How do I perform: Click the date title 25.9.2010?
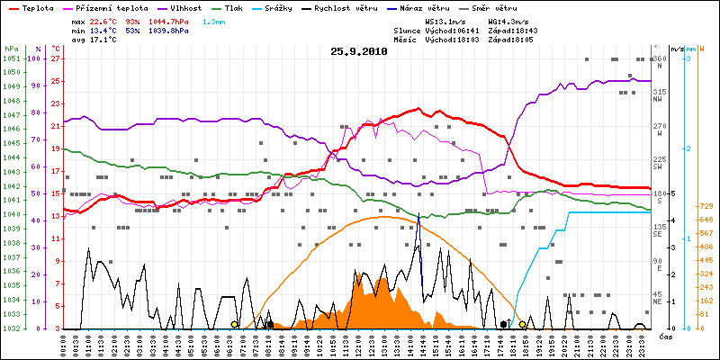click(359, 52)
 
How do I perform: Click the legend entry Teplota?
click(37, 7)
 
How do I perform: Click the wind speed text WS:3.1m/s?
click(445, 20)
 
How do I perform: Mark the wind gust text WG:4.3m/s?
click(508, 20)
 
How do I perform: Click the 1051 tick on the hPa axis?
click(11, 58)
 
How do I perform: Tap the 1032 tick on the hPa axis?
click(11, 328)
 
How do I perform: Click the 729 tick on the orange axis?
click(706, 206)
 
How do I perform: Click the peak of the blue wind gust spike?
click(418, 214)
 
